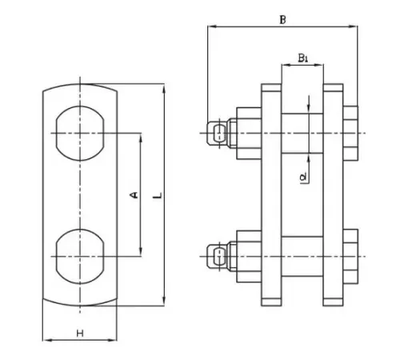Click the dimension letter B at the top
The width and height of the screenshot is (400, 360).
[x=282, y=20]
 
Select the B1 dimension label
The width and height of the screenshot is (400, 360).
[x=302, y=58]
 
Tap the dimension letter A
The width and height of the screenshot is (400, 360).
[x=134, y=195]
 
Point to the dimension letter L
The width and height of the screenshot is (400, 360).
[x=158, y=195]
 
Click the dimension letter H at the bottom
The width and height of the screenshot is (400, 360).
[x=80, y=334]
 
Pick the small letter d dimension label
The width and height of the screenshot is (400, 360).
[x=303, y=178]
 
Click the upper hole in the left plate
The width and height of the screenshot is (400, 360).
[x=80, y=134]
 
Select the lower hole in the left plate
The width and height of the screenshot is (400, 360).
[x=80, y=256]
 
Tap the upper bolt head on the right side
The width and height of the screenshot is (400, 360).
[x=350, y=134]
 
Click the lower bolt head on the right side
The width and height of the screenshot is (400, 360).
[x=350, y=257]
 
